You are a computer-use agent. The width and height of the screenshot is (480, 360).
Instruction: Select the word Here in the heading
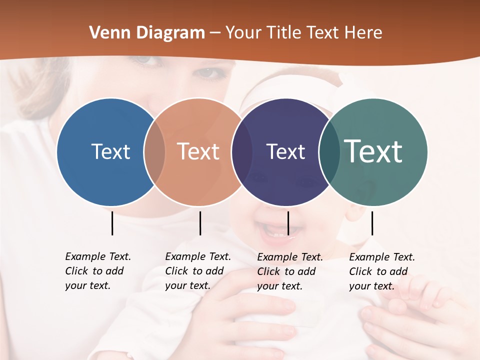pos(364,33)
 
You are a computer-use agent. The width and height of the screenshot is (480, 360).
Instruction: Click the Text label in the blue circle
pos(110,151)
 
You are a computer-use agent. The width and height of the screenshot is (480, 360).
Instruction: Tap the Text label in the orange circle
pos(198,151)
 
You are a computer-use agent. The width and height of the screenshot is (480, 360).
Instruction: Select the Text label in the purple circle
pos(285,151)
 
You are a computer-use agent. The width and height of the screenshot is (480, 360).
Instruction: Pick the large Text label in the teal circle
pos(373,151)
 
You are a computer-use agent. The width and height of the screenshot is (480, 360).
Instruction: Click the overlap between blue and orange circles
pos(154,152)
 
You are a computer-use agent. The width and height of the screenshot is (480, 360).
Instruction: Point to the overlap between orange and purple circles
pos(242,152)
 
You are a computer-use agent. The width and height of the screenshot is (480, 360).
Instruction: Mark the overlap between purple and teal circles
pos(329,152)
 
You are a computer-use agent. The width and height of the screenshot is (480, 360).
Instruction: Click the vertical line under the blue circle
pos(112,223)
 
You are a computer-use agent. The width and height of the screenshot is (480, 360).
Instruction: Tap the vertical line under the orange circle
pos(200,223)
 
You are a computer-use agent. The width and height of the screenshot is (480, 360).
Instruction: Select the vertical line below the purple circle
pos(288,223)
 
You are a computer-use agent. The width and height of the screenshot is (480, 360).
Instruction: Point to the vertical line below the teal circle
pos(372,223)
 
